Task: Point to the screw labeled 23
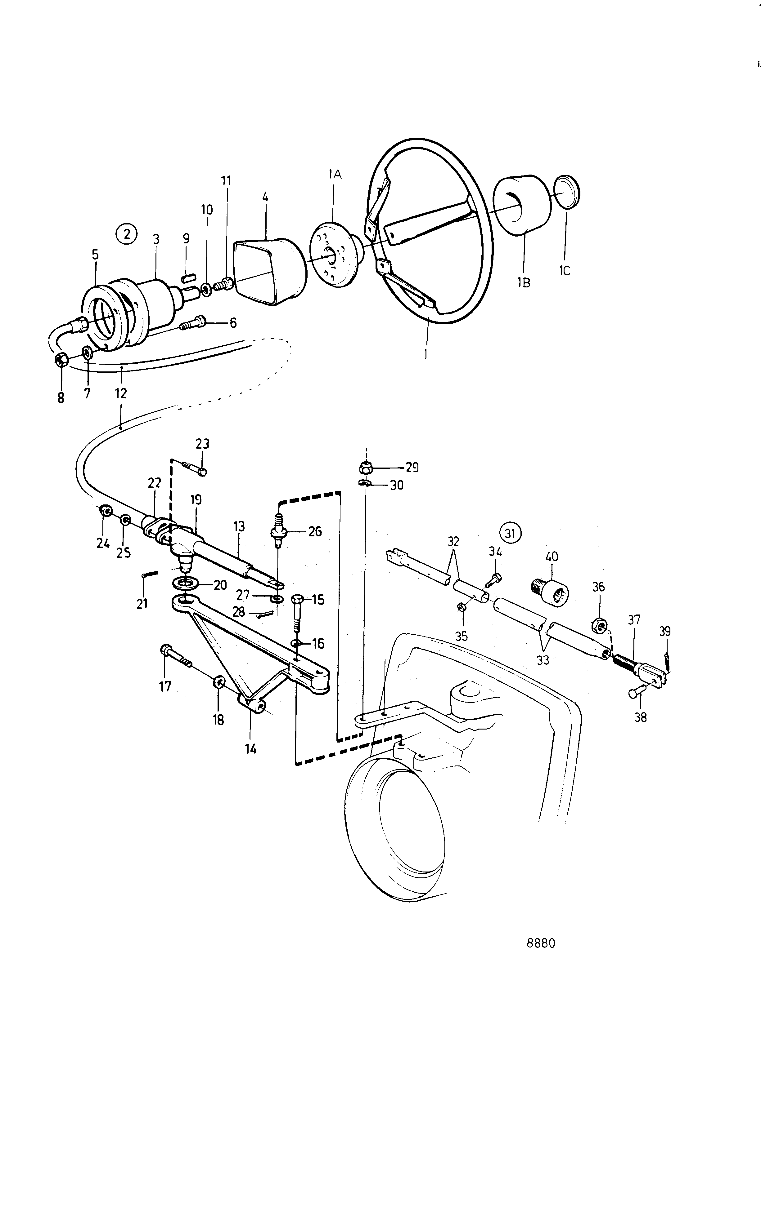point(194,468)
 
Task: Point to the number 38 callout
point(640,717)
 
